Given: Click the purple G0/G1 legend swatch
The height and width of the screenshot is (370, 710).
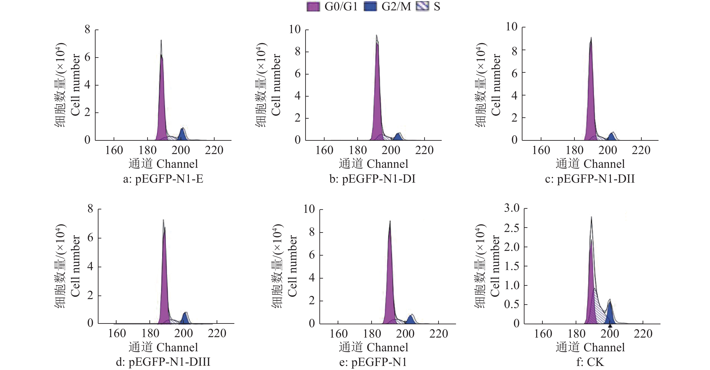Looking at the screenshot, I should [313, 7].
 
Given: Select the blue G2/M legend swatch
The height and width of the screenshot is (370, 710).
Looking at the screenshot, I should [370, 7].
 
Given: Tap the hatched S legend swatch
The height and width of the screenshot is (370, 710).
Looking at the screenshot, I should [423, 7].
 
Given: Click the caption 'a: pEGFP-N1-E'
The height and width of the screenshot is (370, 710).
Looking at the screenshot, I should [163, 179].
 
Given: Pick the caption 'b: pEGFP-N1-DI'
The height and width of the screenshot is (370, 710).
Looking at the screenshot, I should [372, 179].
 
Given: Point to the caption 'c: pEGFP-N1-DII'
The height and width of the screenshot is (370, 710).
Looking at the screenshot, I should [590, 179].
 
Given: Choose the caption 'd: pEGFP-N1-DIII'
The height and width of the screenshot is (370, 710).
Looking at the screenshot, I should [163, 362].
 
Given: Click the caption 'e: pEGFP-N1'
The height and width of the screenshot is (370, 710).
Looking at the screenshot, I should [373, 362].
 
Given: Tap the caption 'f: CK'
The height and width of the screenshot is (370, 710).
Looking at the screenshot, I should [590, 362].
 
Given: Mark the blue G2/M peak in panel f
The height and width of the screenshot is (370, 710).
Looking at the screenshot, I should [610, 314].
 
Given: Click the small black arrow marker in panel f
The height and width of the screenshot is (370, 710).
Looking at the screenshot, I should [610, 326].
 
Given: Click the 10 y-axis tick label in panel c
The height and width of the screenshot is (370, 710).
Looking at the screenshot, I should [512, 27].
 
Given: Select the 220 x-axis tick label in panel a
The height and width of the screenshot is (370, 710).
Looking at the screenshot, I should [214, 150].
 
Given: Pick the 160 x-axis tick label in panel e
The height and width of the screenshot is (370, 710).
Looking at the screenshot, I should [339, 334].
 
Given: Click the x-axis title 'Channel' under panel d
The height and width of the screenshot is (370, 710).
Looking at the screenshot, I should [177, 347].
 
